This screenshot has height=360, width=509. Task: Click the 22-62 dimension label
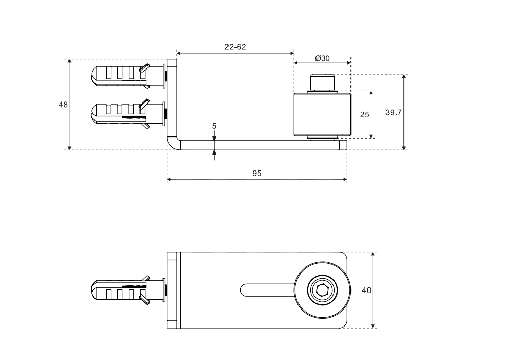click(x=235, y=47)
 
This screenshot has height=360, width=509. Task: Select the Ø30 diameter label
click(x=322, y=58)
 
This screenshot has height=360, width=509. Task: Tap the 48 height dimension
click(x=63, y=104)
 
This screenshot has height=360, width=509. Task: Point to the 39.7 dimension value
click(x=393, y=113)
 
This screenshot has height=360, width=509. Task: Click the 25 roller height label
click(x=364, y=115)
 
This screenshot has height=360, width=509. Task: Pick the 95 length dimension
click(x=257, y=174)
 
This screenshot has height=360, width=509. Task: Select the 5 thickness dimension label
click(x=214, y=125)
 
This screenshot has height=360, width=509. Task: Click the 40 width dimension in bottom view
click(x=366, y=290)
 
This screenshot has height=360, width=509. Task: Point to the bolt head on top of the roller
click(x=322, y=83)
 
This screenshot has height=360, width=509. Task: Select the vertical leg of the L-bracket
click(x=172, y=98)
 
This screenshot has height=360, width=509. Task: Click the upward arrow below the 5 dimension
click(x=214, y=153)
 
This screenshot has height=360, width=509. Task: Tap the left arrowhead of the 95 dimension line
click(x=170, y=180)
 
